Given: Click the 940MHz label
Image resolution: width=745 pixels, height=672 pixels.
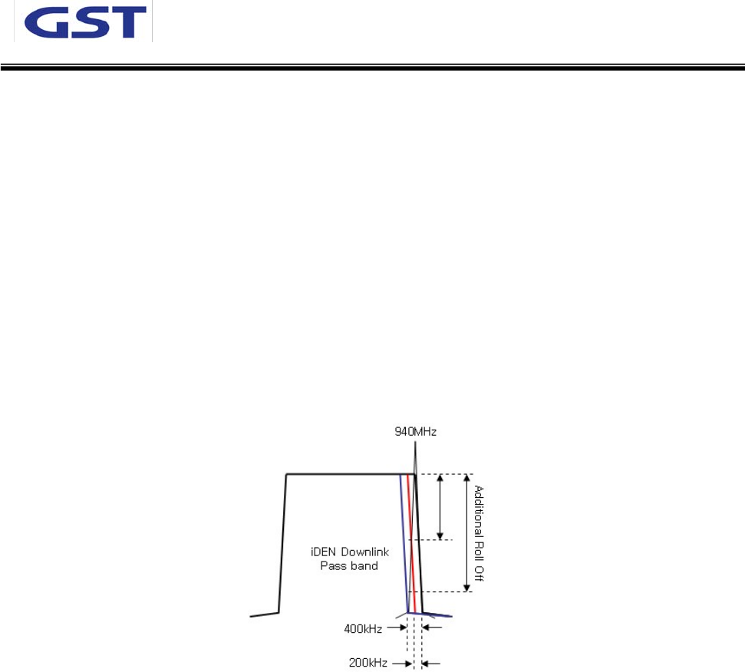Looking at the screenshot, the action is tap(414, 432).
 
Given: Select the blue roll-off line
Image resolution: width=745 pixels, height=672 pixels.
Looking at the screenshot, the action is tap(404, 545).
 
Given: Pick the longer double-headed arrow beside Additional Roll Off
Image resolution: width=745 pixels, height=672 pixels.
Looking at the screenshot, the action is tap(466, 533).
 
